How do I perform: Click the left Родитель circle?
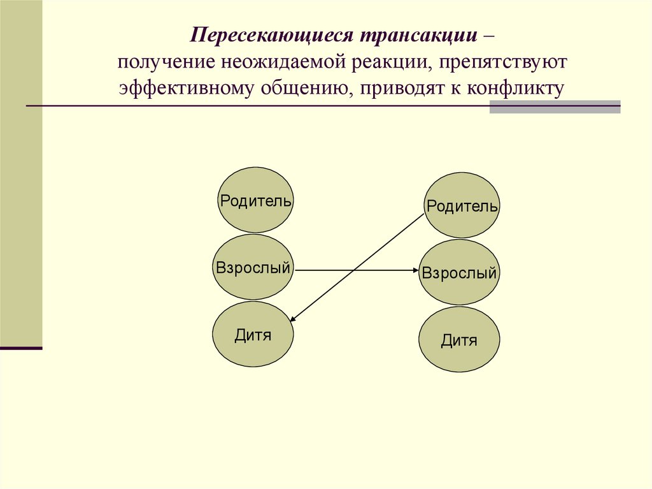[256, 200]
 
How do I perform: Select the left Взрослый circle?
[253, 267]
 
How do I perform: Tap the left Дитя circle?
[253, 334]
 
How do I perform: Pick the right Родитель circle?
[462, 205]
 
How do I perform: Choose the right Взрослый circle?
[459, 272]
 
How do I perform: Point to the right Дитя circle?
[459, 340]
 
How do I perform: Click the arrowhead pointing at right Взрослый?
[414, 270]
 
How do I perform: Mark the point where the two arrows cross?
[355, 270]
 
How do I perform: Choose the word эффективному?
[185, 88]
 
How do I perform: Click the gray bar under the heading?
[555, 106]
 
